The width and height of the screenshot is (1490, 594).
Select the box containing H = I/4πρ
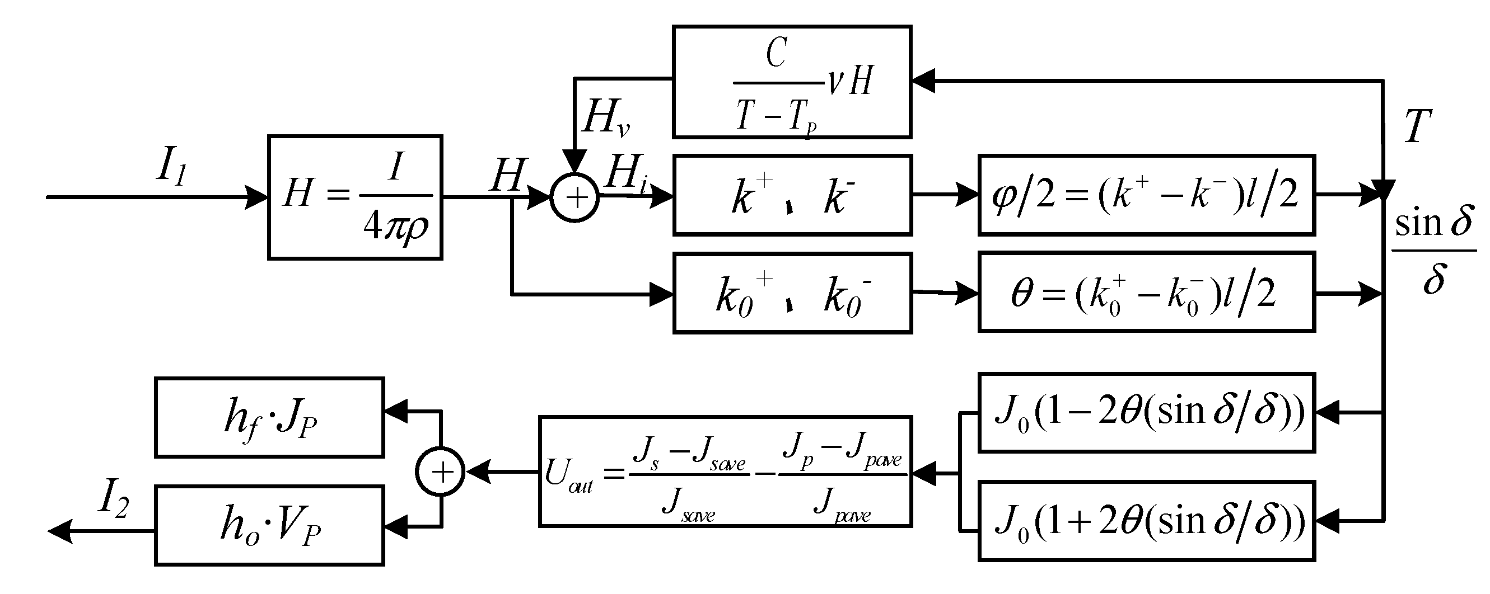point(354,197)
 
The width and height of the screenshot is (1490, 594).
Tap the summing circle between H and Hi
point(574,197)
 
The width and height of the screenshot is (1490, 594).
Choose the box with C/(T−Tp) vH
point(792,82)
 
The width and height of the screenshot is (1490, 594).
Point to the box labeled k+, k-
point(792,195)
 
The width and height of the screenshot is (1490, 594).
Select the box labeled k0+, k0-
point(792,293)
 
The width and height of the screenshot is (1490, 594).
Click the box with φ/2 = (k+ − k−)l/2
point(1146,195)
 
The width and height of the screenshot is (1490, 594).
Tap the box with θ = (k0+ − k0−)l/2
point(1146,292)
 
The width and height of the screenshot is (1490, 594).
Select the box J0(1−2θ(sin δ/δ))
point(1146,413)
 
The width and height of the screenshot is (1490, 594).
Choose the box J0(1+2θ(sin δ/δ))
point(1146,521)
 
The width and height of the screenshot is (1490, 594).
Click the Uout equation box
point(725,472)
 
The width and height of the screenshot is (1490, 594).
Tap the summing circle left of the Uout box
point(441,472)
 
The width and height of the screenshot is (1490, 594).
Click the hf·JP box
point(269,417)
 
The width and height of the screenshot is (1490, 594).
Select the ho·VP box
point(269,525)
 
